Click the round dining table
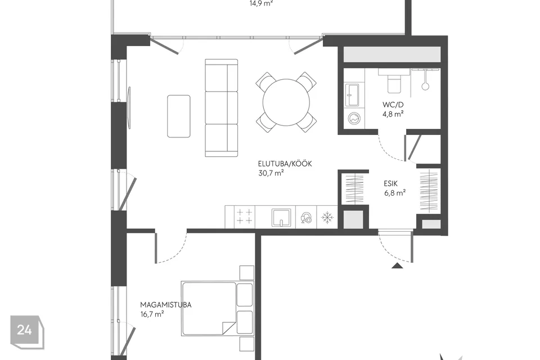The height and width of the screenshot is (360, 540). pos(286,103)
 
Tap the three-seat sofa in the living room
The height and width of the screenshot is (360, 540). pos(222,108)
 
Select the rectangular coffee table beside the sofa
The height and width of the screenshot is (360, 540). pos(179,116)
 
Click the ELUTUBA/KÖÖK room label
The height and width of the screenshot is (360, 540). pos(285,164)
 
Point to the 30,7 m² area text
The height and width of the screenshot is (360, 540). pos(271,173)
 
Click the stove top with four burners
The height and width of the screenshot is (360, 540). pos(245,217)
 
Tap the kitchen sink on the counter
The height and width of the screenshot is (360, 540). pos(281,217)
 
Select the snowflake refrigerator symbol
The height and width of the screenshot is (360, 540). pos(327,217)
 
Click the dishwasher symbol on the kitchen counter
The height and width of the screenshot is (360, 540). pos(306,218)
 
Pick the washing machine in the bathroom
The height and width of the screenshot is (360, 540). pos(354,118)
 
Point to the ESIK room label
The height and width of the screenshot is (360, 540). pos(391,183)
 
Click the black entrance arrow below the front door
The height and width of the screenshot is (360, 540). pos(398,265)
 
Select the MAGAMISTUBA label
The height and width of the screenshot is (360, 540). pos(165,305)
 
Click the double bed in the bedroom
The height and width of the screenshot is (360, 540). pos(217,309)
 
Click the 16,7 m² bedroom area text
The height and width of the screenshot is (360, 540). pos(152,314)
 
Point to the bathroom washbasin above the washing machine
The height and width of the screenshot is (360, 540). pos(353,94)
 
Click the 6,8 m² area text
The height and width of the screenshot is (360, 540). pos(395,193)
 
